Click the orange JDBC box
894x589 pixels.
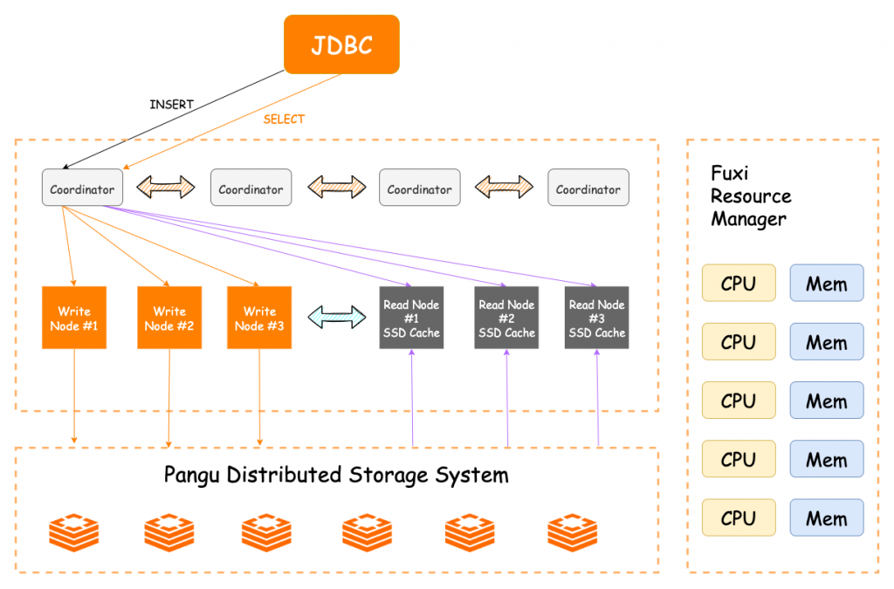tap(341, 44)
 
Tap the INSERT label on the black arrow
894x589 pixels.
tap(172, 105)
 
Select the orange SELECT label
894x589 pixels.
tap(284, 120)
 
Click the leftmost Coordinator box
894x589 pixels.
tap(82, 188)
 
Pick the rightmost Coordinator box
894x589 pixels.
tap(588, 188)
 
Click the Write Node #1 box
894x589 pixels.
tap(74, 318)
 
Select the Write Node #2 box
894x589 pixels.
tap(169, 318)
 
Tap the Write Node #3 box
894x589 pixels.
tap(259, 318)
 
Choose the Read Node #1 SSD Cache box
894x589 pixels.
tap(411, 318)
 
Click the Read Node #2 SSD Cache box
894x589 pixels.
tap(506, 318)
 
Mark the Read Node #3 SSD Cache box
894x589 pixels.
tap(597, 318)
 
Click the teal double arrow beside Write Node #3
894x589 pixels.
tap(337, 317)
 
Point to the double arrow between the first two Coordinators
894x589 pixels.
tap(166, 186)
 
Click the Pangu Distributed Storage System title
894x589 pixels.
tap(336, 476)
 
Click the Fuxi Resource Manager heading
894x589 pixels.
tap(751, 196)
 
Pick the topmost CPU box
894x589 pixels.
tap(739, 284)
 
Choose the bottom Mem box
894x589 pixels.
tap(826, 518)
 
